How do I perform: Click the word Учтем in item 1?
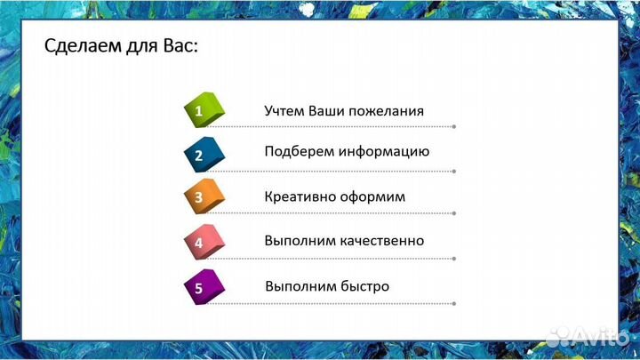tap(284, 111)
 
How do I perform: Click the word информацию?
tap(387, 152)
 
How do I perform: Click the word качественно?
tap(381, 241)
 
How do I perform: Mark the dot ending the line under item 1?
tap(454, 127)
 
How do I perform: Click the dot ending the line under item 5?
tap(454, 302)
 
